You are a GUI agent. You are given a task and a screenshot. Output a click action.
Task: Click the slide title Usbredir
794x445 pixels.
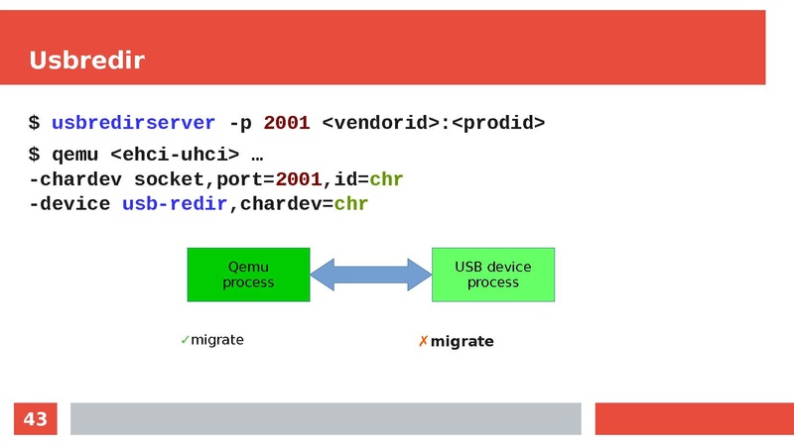pos(87,60)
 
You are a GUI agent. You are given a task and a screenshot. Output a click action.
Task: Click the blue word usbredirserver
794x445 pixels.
pos(133,123)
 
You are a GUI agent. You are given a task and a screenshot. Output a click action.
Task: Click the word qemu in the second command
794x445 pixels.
pos(74,155)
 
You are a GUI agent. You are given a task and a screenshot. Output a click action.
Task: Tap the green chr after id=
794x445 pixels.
pos(386,179)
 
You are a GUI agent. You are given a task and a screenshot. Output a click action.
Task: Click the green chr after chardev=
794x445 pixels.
pos(351,203)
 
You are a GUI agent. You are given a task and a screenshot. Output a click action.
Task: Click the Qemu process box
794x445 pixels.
pos(248,275)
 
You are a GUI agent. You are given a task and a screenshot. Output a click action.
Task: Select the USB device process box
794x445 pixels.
pos(493,275)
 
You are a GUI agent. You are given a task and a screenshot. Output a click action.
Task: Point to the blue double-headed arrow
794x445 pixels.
pos(370,275)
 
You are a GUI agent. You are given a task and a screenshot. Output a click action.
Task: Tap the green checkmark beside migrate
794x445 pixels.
pos(185,340)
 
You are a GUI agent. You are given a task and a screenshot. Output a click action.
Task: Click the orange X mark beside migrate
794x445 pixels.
pos(423,342)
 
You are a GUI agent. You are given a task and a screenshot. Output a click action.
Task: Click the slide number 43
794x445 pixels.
pos(35,419)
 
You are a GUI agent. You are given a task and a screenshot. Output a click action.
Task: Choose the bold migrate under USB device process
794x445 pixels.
pos(462,342)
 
